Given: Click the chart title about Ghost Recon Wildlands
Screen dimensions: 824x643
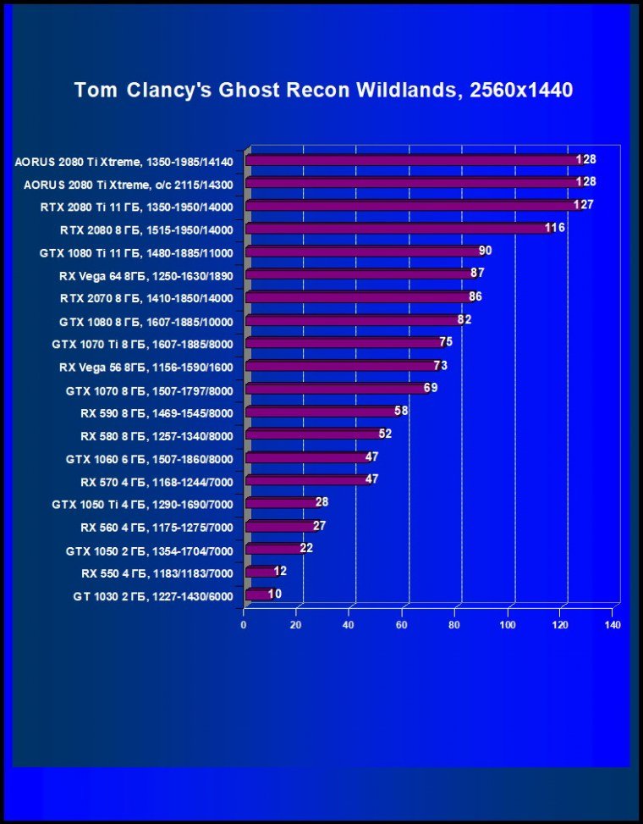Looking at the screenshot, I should tap(324, 90).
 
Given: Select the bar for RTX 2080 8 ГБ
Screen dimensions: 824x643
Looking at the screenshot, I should tap(398, 229).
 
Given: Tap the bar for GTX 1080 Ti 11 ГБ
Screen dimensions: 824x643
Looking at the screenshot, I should tap(364, 252).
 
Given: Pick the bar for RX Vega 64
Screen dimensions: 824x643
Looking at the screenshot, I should tap(360, 274).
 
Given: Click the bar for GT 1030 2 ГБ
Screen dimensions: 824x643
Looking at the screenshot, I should tap(258, 594).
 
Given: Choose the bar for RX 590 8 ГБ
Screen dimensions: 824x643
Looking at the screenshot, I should tap(321, 412).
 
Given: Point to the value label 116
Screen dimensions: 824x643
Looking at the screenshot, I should tap(555, 228).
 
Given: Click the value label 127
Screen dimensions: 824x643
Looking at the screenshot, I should tap(584, 205).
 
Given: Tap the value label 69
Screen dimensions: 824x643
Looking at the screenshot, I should tap(431, 388).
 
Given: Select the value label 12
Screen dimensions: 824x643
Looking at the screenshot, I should tap(281, 571).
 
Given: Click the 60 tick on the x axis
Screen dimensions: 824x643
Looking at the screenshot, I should tap(402, 626).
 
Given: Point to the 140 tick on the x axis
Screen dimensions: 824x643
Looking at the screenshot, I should tap(613, 626).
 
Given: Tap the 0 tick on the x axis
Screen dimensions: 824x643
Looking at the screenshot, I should tap(245, 626).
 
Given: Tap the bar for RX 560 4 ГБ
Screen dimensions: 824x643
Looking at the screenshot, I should tap(279, 526).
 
